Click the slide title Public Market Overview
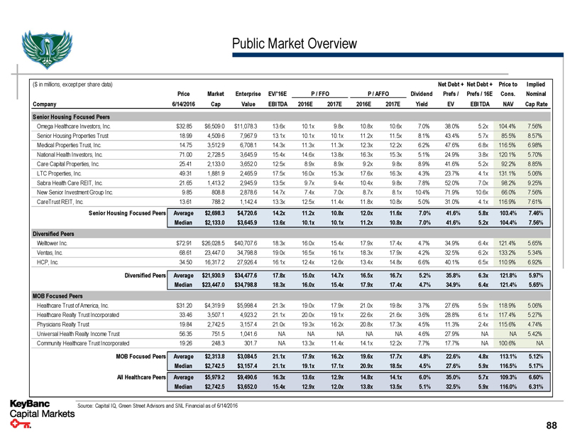click(x=295, y=44)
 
